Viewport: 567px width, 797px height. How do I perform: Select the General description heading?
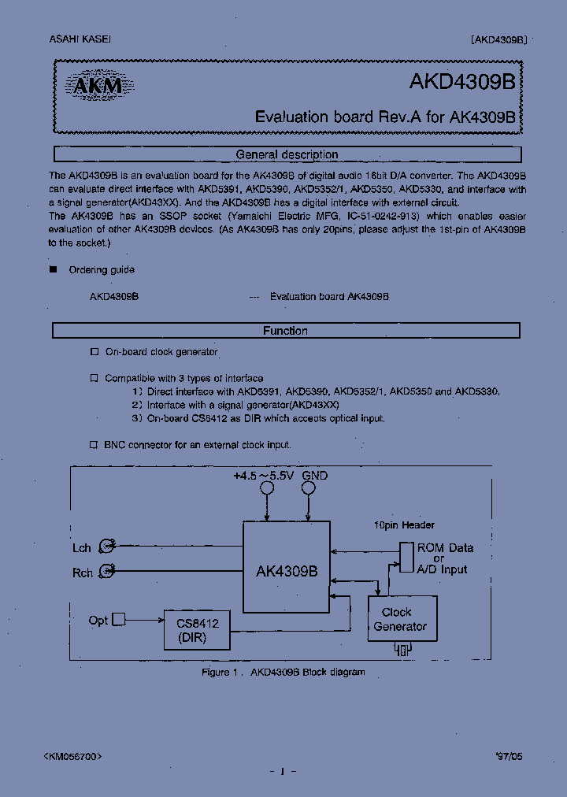point(287,154)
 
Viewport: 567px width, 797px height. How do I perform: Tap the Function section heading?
point(285,331)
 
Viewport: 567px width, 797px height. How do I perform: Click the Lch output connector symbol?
point(111,546)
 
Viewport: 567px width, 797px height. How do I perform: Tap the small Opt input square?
point(119,620)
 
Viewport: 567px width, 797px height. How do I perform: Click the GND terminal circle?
point(308,488)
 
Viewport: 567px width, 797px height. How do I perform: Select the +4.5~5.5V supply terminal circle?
point(267,488)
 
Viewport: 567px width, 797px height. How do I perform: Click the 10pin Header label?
point(404,525)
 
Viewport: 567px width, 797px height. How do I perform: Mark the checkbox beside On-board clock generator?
point(94,352)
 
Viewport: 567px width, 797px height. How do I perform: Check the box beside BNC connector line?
point(94,445)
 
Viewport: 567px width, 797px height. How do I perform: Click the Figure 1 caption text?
point(283,672)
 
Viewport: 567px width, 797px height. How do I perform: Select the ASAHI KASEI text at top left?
point(69,39)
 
